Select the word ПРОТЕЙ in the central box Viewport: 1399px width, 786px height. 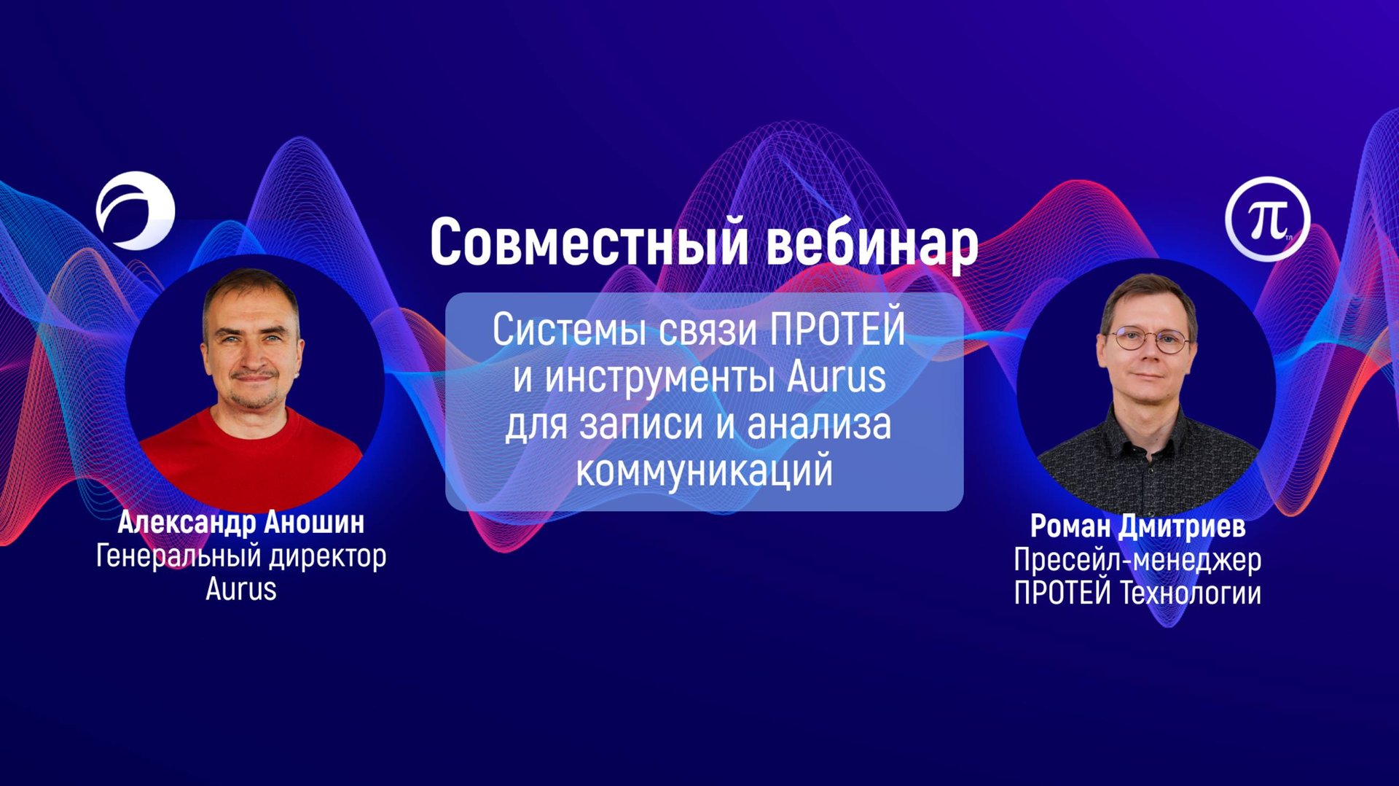coord(837,330)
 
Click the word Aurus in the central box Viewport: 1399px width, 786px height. coord(836,378)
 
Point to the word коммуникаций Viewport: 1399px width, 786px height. coord(704,471)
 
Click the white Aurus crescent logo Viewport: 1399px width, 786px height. coord(136,211)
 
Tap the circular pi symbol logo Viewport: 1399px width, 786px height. coord(1267,219)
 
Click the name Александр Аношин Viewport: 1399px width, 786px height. coord(241,523)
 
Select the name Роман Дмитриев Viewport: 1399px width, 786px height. coord(1137,526)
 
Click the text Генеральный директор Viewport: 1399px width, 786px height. coord(241,556)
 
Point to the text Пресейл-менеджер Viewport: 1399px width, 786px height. coord(1137,560)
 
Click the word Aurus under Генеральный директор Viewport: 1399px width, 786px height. coord(241,589)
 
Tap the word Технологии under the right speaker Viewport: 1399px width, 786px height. coord(1190,593)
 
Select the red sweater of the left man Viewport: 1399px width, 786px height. coord(251,459)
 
